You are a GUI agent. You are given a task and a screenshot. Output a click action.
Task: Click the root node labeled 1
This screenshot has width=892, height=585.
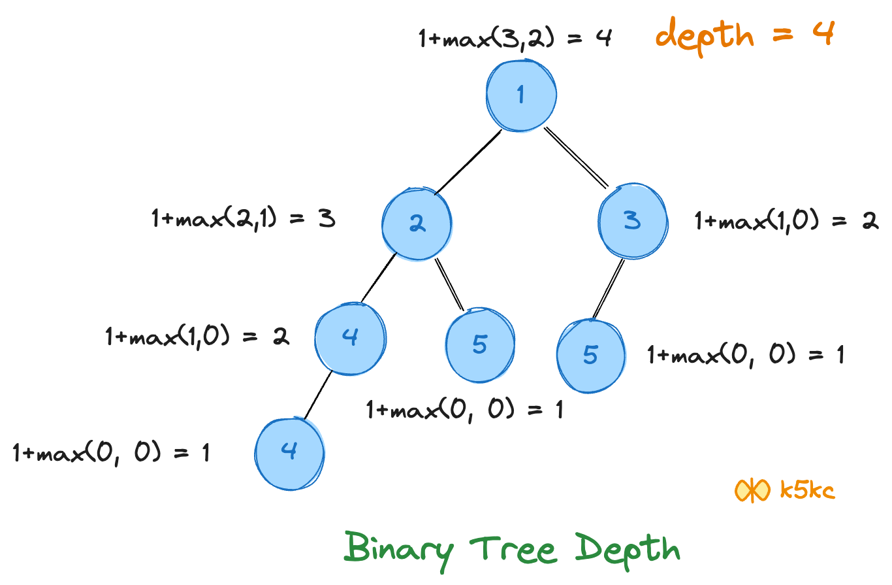[x=521, y=95]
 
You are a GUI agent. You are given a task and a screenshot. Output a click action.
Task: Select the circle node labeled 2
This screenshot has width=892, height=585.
[x=417, y=222]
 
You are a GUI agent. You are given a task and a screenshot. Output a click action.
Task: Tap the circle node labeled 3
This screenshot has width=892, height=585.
[x=632, y=221]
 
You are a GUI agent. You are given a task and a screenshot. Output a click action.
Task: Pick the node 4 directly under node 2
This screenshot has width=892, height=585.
[x=350, y=339]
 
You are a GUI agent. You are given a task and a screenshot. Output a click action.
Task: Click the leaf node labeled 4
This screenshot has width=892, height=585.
[x=289, y=452]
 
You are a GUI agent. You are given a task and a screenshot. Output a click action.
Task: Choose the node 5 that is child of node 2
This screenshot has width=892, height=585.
[x=480, y=344]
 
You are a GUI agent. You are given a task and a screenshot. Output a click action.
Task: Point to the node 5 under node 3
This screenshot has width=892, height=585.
[x=590, y=355]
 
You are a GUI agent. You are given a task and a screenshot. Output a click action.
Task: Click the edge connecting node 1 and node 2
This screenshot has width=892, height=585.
[x=468, y=161]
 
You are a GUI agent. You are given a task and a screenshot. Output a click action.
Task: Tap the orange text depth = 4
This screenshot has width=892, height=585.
[x=745, y=35]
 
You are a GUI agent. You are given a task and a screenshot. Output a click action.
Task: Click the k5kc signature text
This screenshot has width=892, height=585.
[x=808, y=490]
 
